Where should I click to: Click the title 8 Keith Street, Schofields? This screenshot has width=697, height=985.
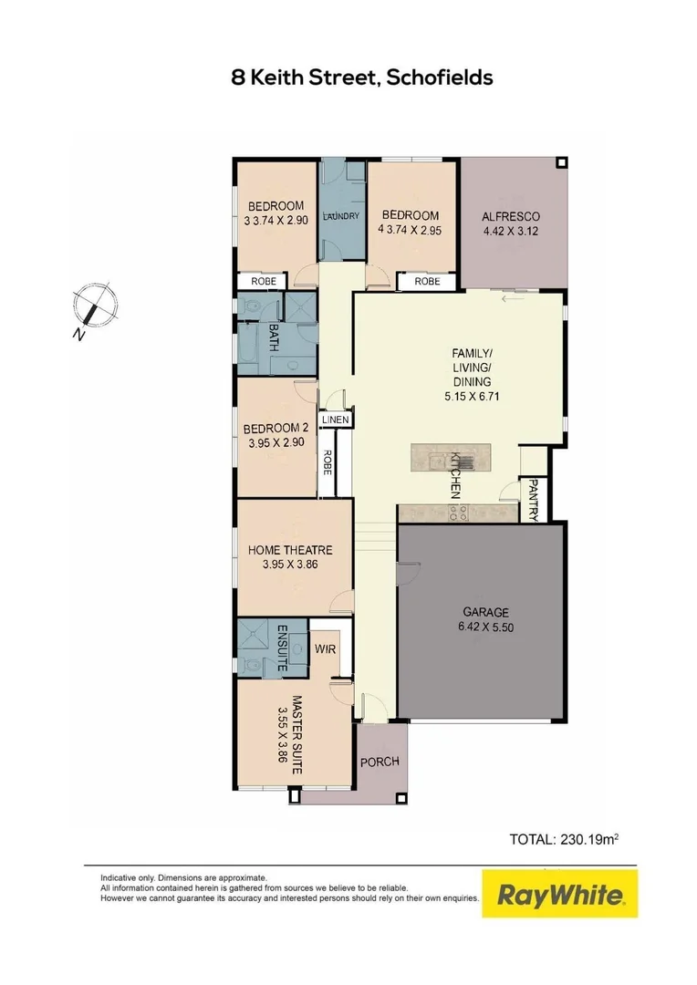362,78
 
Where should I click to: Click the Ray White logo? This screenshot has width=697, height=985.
560,895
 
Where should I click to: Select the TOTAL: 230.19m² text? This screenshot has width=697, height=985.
564,838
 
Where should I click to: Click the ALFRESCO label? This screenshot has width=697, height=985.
511,216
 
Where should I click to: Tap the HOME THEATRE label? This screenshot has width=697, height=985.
290,550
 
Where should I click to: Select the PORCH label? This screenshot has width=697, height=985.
379,762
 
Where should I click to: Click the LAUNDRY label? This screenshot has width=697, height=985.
341,216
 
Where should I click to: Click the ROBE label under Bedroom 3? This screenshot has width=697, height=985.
262,282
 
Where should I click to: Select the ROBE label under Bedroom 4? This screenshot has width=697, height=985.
427,282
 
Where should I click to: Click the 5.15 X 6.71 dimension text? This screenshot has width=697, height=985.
472,397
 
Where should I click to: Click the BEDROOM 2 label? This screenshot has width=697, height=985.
277,428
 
